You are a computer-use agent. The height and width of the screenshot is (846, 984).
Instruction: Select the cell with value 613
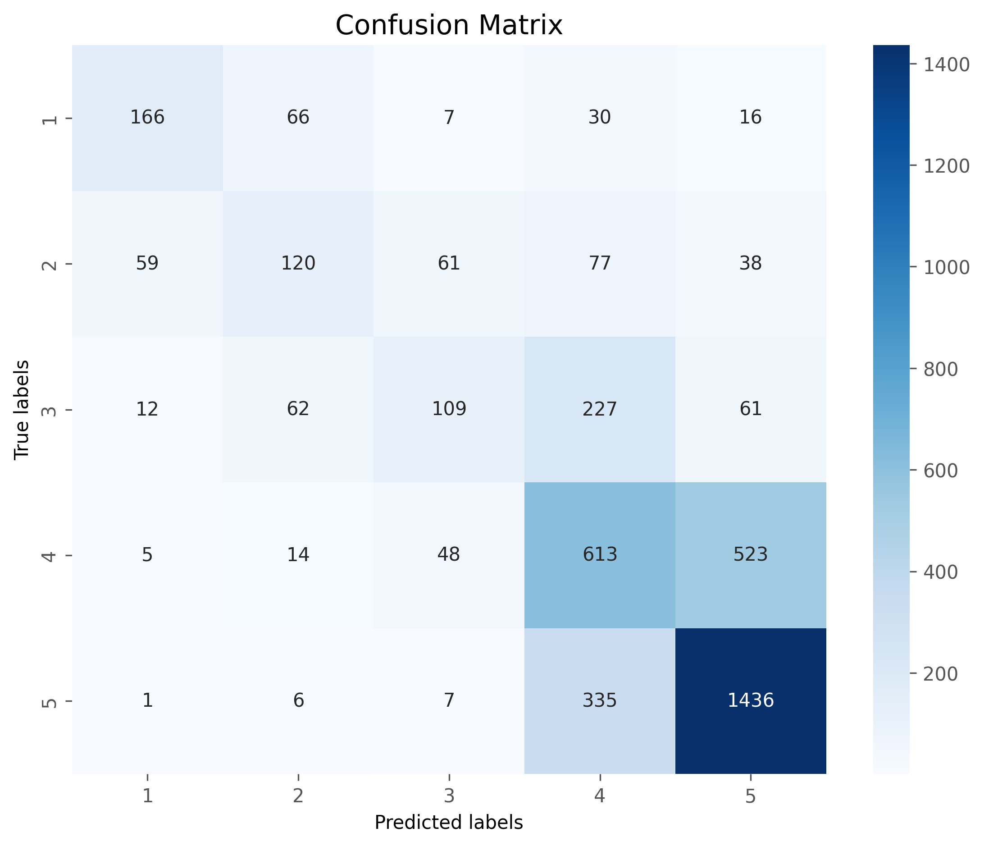(600, 555)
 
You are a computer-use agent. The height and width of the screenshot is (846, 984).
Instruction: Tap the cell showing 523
(750, 555)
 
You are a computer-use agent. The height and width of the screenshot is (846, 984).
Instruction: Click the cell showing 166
(147, 117)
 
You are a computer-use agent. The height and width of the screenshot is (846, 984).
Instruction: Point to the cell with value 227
(600, 409)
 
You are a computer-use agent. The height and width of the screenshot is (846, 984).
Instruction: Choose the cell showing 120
(298, 263)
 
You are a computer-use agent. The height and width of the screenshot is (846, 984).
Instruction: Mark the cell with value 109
(449, 409)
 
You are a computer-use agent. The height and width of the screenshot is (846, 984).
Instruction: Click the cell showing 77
(600, 263)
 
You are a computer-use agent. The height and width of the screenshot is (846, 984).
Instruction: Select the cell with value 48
(449, 555)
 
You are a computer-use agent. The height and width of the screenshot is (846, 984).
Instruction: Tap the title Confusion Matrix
(449, 25)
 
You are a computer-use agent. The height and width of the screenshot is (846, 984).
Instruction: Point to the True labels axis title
(22, 409)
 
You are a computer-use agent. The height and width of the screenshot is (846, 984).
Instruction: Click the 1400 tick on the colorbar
(940, 65)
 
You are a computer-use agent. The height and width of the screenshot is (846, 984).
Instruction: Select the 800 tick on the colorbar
(940, 370)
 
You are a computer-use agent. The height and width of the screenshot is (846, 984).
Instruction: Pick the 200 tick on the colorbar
(940, 674)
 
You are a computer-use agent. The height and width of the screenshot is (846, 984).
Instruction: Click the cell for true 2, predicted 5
(750, 263)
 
